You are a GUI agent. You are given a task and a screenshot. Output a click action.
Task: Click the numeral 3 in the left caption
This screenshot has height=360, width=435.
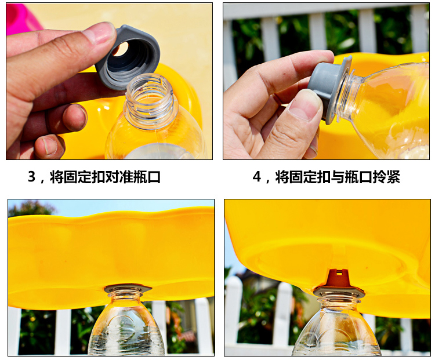(x=32, y=176)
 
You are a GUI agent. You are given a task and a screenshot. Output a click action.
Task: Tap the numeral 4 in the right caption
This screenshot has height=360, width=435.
(x=257, y=177)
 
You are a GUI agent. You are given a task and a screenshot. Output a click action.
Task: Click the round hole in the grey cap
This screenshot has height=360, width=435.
(x=122, y=49)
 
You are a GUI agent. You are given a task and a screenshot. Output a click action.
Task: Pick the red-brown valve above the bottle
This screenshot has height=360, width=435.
(x=338, y=278)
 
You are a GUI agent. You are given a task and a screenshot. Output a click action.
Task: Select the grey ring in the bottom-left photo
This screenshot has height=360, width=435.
(x=128, y=289)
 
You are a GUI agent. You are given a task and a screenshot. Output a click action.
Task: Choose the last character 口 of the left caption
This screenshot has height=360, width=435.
(x=154, y=177)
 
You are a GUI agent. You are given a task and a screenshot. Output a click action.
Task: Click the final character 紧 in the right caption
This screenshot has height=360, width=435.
(x=393, y=177)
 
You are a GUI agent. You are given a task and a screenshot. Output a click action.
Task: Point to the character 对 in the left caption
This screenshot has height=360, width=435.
(x=112, y=177)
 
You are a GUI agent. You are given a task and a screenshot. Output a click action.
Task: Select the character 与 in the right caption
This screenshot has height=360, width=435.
(x=338, y=177)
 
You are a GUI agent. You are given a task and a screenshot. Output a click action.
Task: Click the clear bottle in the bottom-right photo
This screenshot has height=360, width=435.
(x=336, y=328)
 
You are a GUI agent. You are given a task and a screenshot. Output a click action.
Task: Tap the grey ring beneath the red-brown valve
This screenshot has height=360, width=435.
(x=339, y=292)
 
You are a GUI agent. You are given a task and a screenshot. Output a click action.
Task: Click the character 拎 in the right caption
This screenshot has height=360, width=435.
(x=379, y=177)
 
